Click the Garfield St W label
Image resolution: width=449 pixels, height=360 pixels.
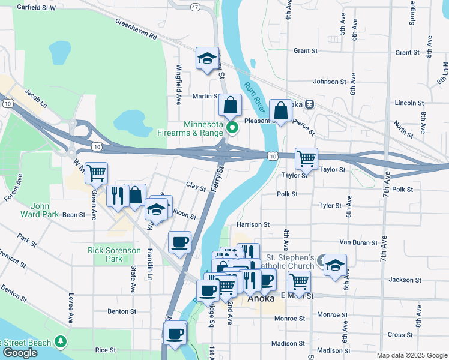pos(36,8)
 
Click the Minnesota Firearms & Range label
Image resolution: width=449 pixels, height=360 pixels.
pos(194,128)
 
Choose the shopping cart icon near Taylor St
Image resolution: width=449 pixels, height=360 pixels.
pos(306,158)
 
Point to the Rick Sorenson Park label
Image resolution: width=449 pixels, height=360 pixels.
pos(114,254)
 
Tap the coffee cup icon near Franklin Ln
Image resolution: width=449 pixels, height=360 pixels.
pos(179,242)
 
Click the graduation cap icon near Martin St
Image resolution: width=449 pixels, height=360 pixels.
pos(207,58)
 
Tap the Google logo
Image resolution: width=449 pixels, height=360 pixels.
pos(20,352)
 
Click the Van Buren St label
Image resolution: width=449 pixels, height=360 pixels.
pos(357,243)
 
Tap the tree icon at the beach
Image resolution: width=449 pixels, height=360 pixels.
pos(60,341)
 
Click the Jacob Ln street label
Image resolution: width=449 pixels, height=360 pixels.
pos(35,98)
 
